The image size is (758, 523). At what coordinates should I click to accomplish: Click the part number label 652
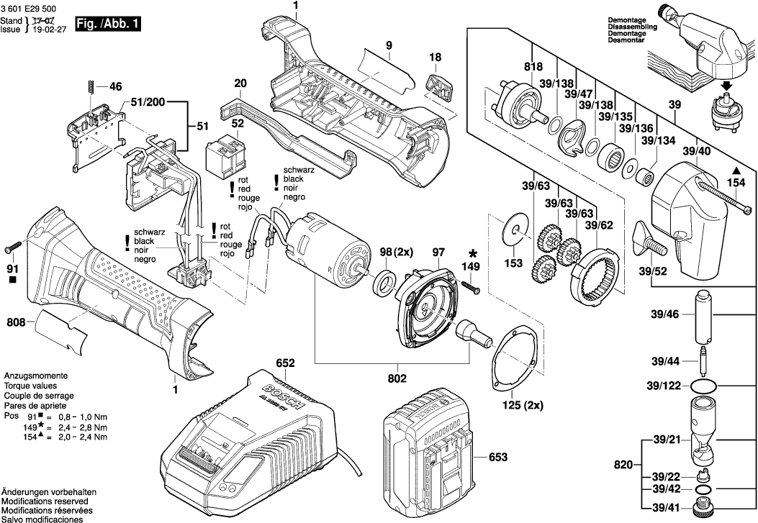tap(286, 364)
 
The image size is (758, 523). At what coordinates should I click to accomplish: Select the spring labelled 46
tap(91, 87)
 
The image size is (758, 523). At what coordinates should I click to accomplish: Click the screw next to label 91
tap(12, 249)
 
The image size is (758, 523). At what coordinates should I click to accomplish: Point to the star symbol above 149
tap(473, 253)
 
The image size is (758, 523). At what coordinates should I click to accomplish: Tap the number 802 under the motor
tap(397, 378)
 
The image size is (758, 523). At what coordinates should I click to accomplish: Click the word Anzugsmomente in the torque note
tap(36, 376)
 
